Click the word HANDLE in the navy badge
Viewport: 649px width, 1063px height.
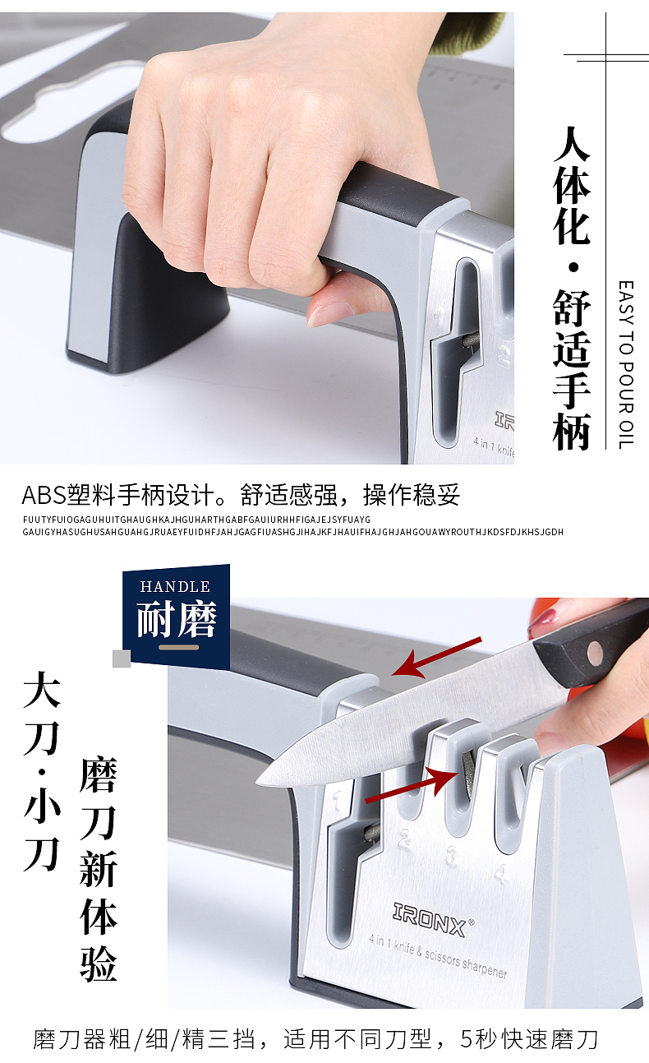point(175,586)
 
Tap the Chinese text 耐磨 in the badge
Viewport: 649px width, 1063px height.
point(176,619)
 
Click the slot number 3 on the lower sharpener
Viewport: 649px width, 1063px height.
point(452,856)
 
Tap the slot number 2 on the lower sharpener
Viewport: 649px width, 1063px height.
point(405,838)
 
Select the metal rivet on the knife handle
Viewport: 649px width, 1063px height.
point(594,653)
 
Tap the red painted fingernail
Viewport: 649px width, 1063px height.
point(543,621)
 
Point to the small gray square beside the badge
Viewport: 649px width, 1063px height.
point(122,659)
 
